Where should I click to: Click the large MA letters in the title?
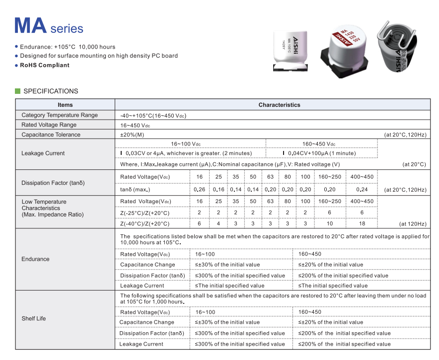pos(30,26)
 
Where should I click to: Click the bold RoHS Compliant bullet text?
pos(45,65)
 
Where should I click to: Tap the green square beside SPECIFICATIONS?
pos(18,91)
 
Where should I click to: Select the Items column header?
pos(65,105)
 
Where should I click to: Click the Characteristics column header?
pos(279,105)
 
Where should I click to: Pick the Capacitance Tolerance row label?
pos(51,135)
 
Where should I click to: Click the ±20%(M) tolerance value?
pos(132,135)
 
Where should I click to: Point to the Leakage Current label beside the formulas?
pos(43,153)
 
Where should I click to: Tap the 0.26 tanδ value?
pos(199,189)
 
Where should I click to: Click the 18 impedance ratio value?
pos(362,223)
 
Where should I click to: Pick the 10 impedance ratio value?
pos(330,223)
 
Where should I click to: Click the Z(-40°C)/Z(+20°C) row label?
pos(145,223)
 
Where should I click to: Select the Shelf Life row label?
pos(34,318)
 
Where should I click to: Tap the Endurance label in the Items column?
pos(35,259)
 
